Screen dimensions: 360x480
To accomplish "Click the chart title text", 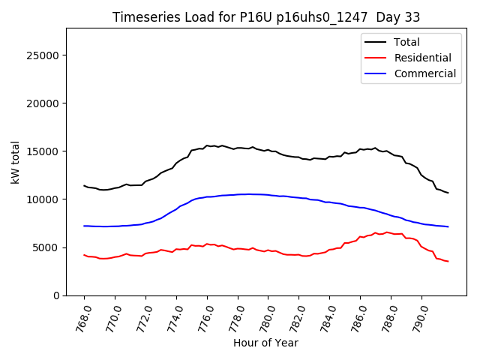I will (265, 17).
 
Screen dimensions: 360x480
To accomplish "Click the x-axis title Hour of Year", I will (265, 343).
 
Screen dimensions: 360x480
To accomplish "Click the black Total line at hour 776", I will (207, 145).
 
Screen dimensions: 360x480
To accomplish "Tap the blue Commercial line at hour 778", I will (238, 194).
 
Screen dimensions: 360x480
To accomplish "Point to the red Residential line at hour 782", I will (299, 255).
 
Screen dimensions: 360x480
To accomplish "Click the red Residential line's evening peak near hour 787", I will (376, 233).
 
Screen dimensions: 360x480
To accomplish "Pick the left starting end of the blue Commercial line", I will (84, 226).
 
